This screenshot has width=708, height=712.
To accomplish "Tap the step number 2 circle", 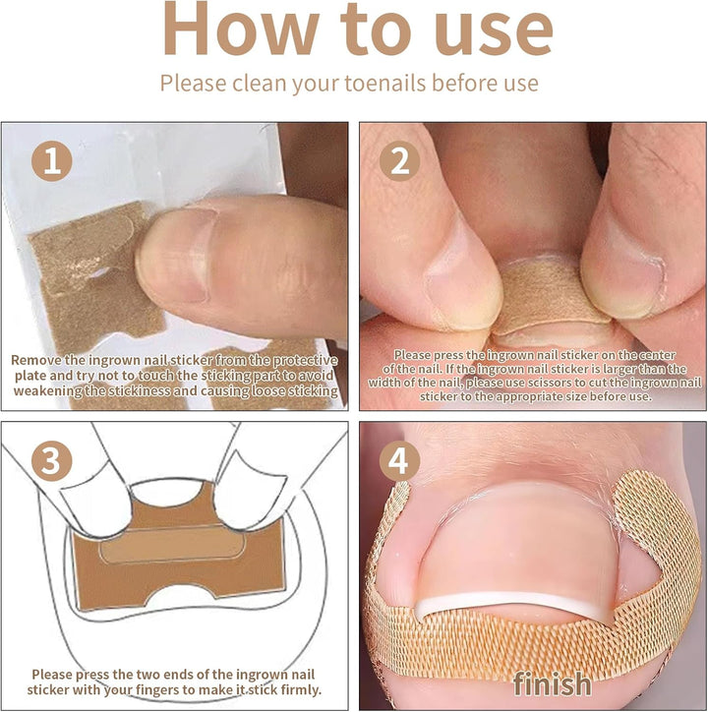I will [399, 161].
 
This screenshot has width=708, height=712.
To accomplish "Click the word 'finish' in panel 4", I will [552, 683].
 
